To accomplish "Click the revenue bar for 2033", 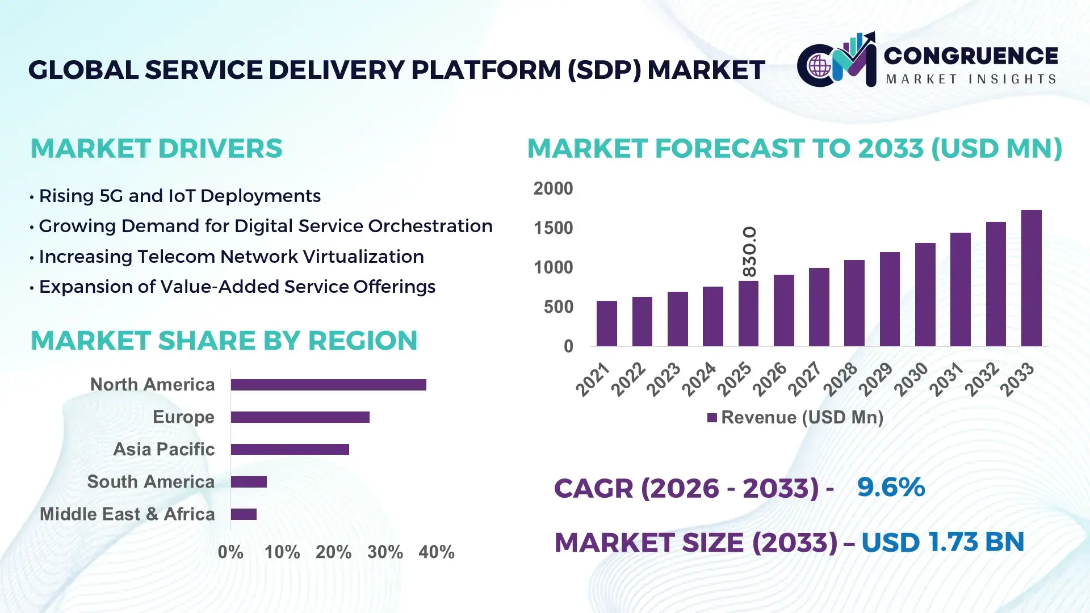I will pyautogui.click(x=1031, y=278).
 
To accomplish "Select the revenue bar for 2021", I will pyautogui.click(x=606, y=324).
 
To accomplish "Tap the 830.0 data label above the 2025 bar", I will pyautogui.click(x=749, y=251).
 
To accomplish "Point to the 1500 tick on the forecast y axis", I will pyautogui.click(x=553, y=228).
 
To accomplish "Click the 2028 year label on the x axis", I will pyautogui.click(x=841, y=379).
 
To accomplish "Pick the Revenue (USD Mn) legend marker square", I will pyautogui.click(x=712, y=418).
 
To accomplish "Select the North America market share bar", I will pyautogui.click(x=328, y=385).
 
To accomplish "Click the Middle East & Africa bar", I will pyautogui.click(x=244, y=514).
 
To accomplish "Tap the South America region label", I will pyautogui.click(x=150, y=482).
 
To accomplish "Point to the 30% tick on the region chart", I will pyautogui.click(x=385, y=552).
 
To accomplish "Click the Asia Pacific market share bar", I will pyautogui.click(x=290, y=450).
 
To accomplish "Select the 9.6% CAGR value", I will pyautogui.click(x=890, y=487).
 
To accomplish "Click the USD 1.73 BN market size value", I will pyautogui.click(x=942, y=542).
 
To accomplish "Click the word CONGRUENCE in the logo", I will pyautogui.click(x=971, y=56).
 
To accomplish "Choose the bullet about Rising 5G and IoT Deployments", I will pyautogui.click(x=179, y=196).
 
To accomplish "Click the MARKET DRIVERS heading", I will pyautogui.click(x=156, y=149).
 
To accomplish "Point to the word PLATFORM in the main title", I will pyautogui.click(x=486, y=70).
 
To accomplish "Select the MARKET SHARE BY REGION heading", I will pyautogui.click(x=224, y=341).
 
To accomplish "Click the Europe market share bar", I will pyautogui.click(x=300, y=417).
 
